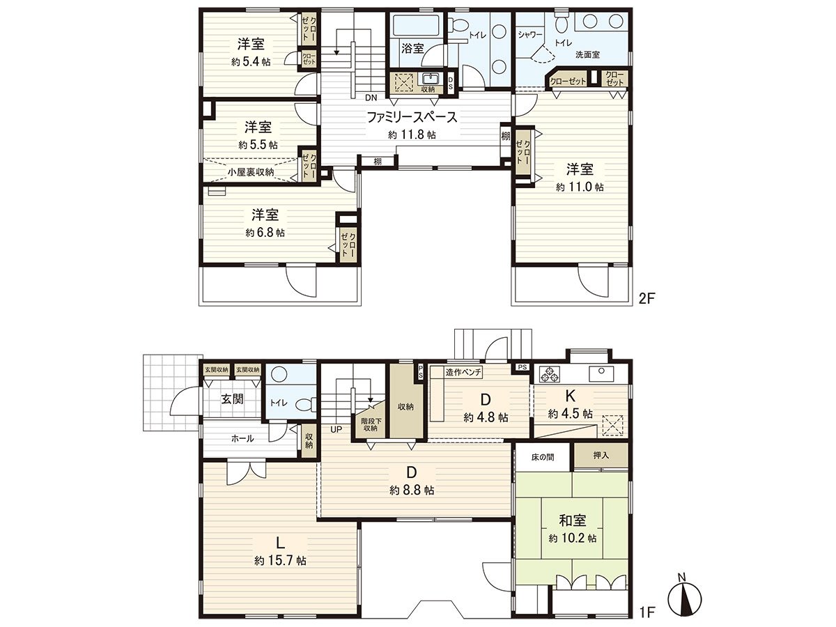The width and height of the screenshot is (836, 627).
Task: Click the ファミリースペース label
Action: (412, 117)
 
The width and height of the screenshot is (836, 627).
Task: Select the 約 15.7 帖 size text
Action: (280, 560)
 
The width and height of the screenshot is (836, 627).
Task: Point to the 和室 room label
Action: (572, 520)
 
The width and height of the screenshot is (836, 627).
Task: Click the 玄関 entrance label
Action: (232, 399)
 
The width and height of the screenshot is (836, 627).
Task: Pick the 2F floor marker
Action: (647, 298)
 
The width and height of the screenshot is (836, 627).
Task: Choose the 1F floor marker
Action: (647, 612)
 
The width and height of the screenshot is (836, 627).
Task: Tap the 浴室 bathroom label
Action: (412, 48)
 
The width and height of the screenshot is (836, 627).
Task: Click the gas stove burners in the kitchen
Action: (549, 373)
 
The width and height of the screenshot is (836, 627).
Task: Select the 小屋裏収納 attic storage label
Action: (251, 172)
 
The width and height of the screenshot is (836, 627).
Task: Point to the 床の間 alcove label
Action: (542, 457)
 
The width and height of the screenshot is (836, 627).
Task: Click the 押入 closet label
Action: (601, 455)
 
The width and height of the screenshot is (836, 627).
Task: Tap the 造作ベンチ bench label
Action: (463, 372)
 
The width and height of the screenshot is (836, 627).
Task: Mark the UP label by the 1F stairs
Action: (336, 429)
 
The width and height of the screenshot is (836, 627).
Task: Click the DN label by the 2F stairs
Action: (371, 98)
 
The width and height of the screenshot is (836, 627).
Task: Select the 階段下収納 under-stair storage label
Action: (371, 424)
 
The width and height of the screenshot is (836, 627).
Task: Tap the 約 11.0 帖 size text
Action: (580, 187)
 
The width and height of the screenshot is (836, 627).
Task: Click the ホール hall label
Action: (242, 438)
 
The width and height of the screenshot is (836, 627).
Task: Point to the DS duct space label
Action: (451, 84)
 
